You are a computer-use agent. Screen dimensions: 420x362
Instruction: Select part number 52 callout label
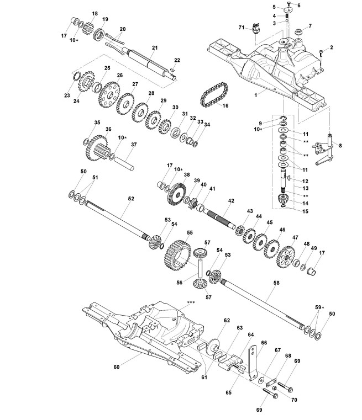click(131, 197)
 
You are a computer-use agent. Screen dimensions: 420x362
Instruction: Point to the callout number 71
click(242, 27)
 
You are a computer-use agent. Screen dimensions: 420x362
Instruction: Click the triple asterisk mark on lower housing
click(192, 302)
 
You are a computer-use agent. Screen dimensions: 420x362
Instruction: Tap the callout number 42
click(231, 201)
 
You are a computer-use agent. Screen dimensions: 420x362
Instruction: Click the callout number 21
click(155, 47)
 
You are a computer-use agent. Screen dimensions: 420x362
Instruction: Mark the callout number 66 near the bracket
click(264, 343)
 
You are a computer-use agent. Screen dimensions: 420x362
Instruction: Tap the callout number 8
click(340, 146)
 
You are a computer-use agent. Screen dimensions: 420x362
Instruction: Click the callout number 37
click(133, 145)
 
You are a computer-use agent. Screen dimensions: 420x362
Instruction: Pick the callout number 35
click(97, 123)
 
